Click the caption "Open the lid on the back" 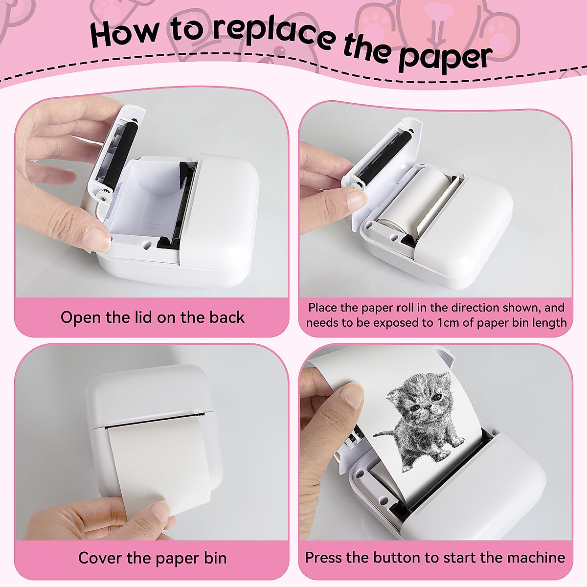152,317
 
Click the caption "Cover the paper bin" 152,558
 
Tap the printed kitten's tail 386,433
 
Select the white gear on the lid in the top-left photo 103,196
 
